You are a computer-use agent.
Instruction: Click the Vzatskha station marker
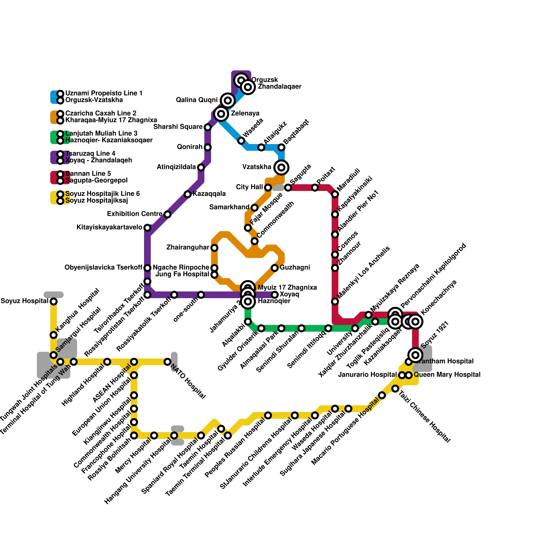point(281,167)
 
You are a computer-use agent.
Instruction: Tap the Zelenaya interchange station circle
point(221,114)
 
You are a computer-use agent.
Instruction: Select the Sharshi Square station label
point(178,127)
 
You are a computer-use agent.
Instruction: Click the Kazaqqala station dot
point(188,194)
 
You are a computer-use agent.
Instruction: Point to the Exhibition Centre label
point(135,214)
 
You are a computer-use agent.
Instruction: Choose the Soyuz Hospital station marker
point(54,301)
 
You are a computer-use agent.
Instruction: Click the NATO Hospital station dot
point(167,362)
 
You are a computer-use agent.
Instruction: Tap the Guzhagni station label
point(295,268)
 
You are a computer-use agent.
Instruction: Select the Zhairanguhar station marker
point(214,248)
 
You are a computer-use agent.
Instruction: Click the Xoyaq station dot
point(275,295)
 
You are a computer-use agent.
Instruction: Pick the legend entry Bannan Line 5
point(88,174)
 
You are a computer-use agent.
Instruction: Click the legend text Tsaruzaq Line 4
point(90,153)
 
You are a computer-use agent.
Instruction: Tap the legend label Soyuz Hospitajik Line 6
point(103,194)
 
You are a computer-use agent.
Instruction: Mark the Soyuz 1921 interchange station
point(415,355)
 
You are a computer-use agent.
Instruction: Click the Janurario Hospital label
point(367,375)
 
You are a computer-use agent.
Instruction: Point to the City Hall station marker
point(268,188)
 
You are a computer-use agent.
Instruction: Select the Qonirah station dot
point(208,147)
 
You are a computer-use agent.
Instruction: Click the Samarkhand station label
point(229,207)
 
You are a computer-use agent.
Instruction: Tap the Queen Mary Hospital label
point(447,375)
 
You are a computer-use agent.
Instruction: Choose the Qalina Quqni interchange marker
point(228,100)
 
